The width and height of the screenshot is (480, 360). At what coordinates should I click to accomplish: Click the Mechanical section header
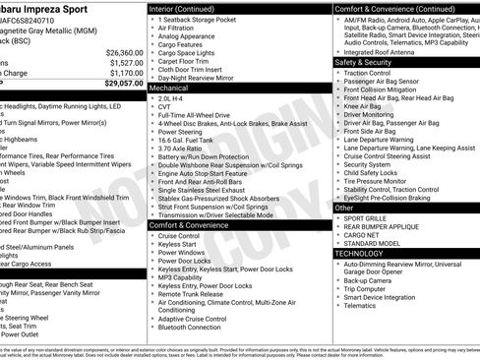pos(171,87)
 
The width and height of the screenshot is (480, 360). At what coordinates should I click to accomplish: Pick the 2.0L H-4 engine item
pos(175,99)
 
